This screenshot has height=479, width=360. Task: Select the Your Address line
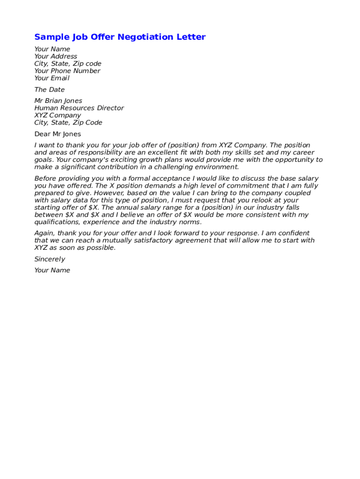(56, 57)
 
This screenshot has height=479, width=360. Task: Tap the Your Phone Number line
(67, 71)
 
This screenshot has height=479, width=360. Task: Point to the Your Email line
(51, 78)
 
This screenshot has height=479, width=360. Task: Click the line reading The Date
(50, 90)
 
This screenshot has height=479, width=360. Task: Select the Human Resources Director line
(79, 108)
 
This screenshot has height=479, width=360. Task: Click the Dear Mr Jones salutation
(58, 134)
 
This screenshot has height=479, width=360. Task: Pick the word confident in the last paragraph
(295, 233)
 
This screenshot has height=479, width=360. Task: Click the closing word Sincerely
(50, 259)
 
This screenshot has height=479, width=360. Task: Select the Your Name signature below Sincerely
(52, 270)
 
